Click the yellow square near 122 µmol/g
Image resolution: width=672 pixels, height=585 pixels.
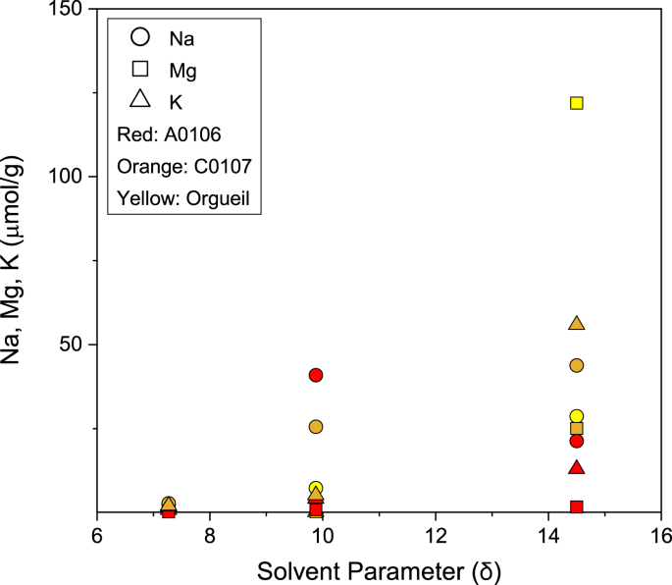pos(577,103)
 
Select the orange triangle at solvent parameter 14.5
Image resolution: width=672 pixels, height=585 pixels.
pos(577,324)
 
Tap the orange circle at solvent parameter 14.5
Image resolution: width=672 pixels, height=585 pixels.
pos(577,365)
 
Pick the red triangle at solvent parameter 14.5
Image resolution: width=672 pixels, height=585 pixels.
pos(577,467)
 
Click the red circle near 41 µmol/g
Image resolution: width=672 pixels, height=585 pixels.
pos(316,375)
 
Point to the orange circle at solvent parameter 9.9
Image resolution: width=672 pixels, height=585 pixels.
pos(316,427)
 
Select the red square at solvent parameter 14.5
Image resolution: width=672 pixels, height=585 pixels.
pos(577,506)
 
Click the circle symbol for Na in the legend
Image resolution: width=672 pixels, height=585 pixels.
pos(140,37)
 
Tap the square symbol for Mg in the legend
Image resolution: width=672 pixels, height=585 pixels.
pos(140,69)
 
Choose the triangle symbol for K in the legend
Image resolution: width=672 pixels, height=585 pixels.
pos(140,99)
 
